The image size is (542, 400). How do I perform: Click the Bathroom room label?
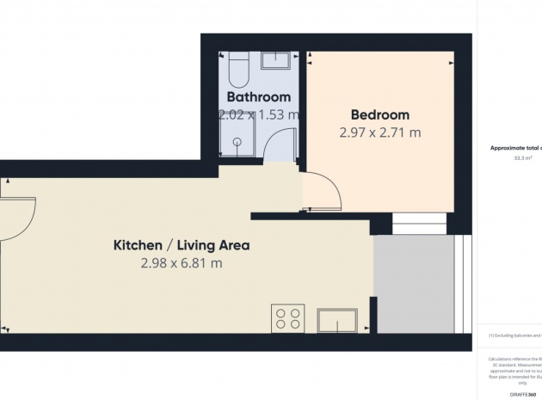pyautogui.click(x=258, y=96)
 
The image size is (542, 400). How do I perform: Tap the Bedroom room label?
pyautogui.click(x=380, y=114)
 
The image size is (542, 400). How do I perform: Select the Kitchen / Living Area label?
pyautogui.click(x=182, y=245)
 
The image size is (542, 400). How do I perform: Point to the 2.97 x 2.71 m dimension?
pyautogui.click(x=380, y=132)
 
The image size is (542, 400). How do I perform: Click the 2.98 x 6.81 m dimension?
pyautogui.click(x=182, y=263)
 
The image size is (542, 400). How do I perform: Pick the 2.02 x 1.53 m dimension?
pyautogui.click(x=258, y=114)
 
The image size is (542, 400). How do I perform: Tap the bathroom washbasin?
pyautogui.click(x=276, y=59)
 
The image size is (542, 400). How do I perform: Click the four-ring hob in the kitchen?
pyautogui.click(x=287, y=318)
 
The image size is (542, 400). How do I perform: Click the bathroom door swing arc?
pyautogui.click(x=280, y=146)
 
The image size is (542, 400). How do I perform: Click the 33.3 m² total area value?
pyautogui.click(x=522, y=158)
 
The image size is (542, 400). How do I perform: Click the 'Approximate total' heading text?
pyautogui.click(x=516, y=148)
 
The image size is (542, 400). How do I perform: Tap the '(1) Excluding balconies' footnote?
pyautogui.click(x=515, y=335)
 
